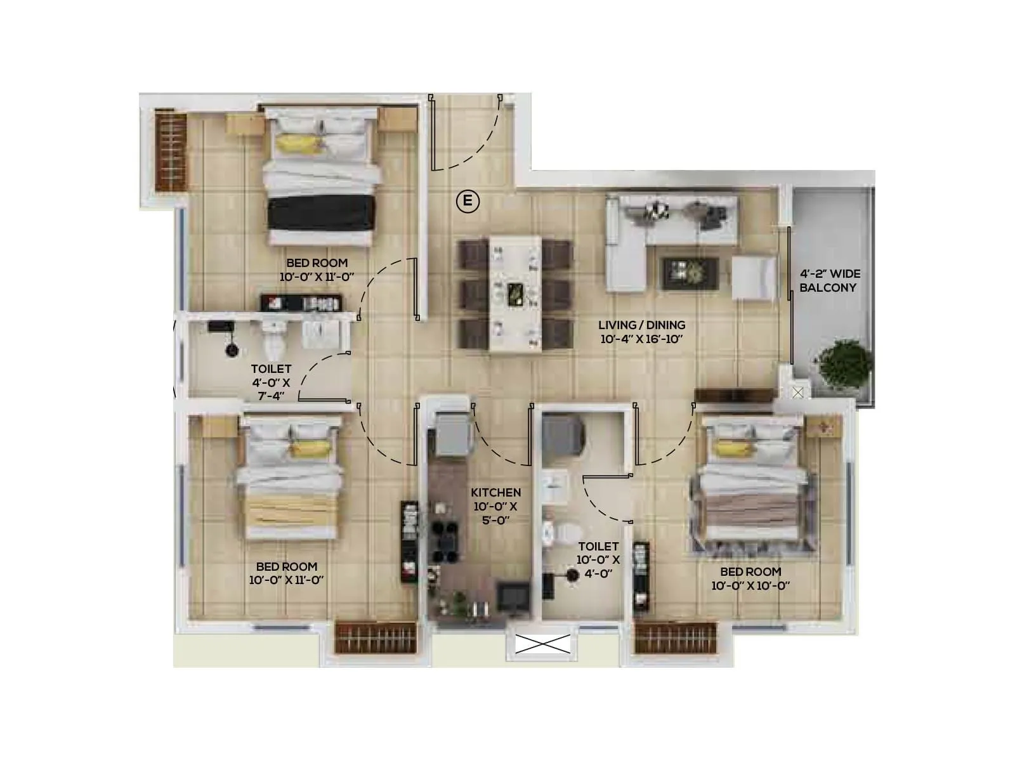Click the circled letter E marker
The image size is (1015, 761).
pyautogui.click(x=468, y=202)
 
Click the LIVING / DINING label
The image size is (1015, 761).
pyautogui.click(x=641, y=325)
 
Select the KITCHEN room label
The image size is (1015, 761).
pyautogui.click(x=496, y=492)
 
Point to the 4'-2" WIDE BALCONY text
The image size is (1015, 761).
pyautogui.click(x=829, y=280)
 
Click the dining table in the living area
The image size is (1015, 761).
pyautogui.click(x=514, y=294)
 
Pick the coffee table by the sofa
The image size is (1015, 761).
pyautogui.click(x=690, y=273)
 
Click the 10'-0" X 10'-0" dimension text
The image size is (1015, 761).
pyautogui.click(x=750, y=586)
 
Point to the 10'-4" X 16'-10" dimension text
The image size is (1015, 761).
pyautogui.click(x=641, y=339)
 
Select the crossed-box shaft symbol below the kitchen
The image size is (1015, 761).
pyautogui.click(x=542, y=644)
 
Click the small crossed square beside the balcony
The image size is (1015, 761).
pyautogui.click(x=798, y=393)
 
